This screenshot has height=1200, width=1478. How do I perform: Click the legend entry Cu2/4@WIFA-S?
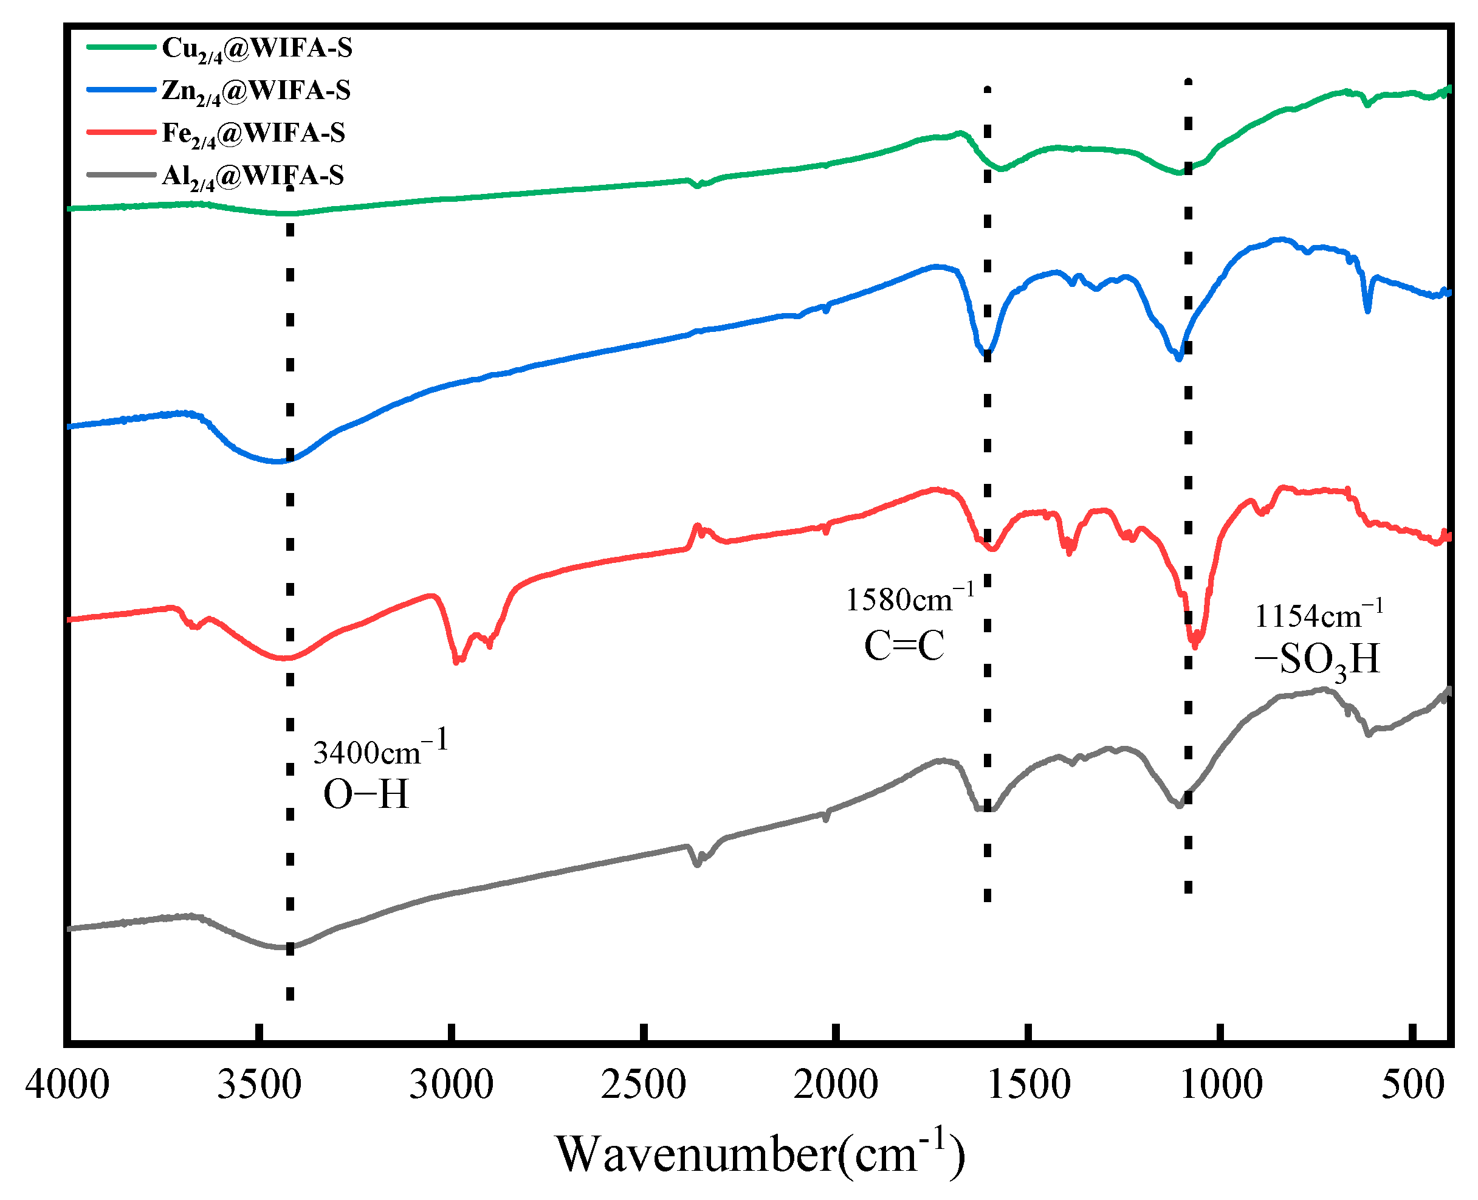[256, 49]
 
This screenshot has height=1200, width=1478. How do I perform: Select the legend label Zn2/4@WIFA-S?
[256, 91]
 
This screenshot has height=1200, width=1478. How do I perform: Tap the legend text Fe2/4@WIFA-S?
[253, 133]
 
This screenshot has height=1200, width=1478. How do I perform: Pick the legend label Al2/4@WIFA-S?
[252, 176]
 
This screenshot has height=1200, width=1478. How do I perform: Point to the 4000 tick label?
[67, 1084]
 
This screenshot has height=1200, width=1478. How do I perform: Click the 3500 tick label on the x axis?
[259, 1084]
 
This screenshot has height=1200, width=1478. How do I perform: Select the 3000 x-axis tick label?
[451, 1084]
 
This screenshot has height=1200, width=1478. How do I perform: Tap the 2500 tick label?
[644, 1084]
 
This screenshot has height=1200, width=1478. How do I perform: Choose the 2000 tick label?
[836, 1084]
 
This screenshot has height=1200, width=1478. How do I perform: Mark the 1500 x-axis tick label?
[1028, 1084]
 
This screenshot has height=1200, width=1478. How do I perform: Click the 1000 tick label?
[1220, 1084]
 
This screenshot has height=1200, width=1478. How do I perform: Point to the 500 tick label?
[1412, 1084]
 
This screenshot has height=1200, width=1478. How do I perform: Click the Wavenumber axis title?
[760, 1154]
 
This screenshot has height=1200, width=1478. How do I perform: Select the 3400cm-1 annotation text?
[380, 750]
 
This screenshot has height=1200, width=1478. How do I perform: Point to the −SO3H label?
[1316, 660]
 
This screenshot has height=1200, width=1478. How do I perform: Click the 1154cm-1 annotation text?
[1318, 615]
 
